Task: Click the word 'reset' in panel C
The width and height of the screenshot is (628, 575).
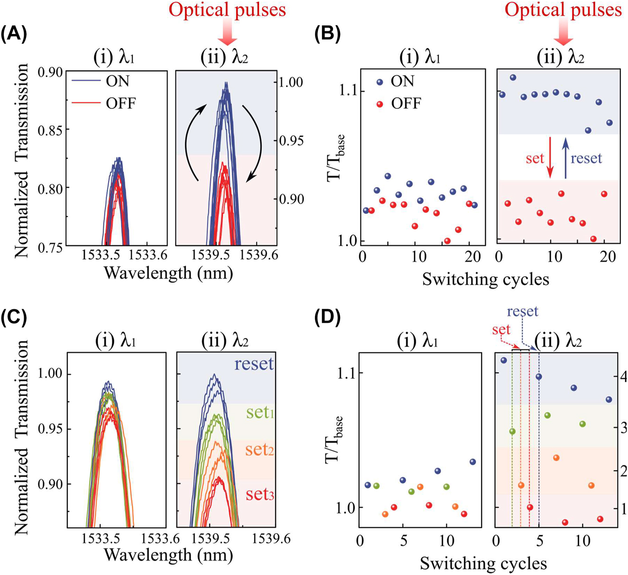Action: [x=254, y=364]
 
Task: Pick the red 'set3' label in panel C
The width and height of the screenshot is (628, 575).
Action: [x=260, y=494]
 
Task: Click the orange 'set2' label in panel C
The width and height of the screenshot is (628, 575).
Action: [x=260, y=449]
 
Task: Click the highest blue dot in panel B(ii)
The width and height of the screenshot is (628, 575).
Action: [x=513, y=77]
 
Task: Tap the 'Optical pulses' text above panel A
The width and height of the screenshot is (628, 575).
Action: [x=227, y=9]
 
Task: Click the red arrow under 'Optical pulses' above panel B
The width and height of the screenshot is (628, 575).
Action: [x=563, y=33]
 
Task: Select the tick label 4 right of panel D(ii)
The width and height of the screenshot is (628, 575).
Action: [x=623, y=377]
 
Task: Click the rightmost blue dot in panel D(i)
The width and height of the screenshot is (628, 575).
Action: [x=472, y=461]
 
